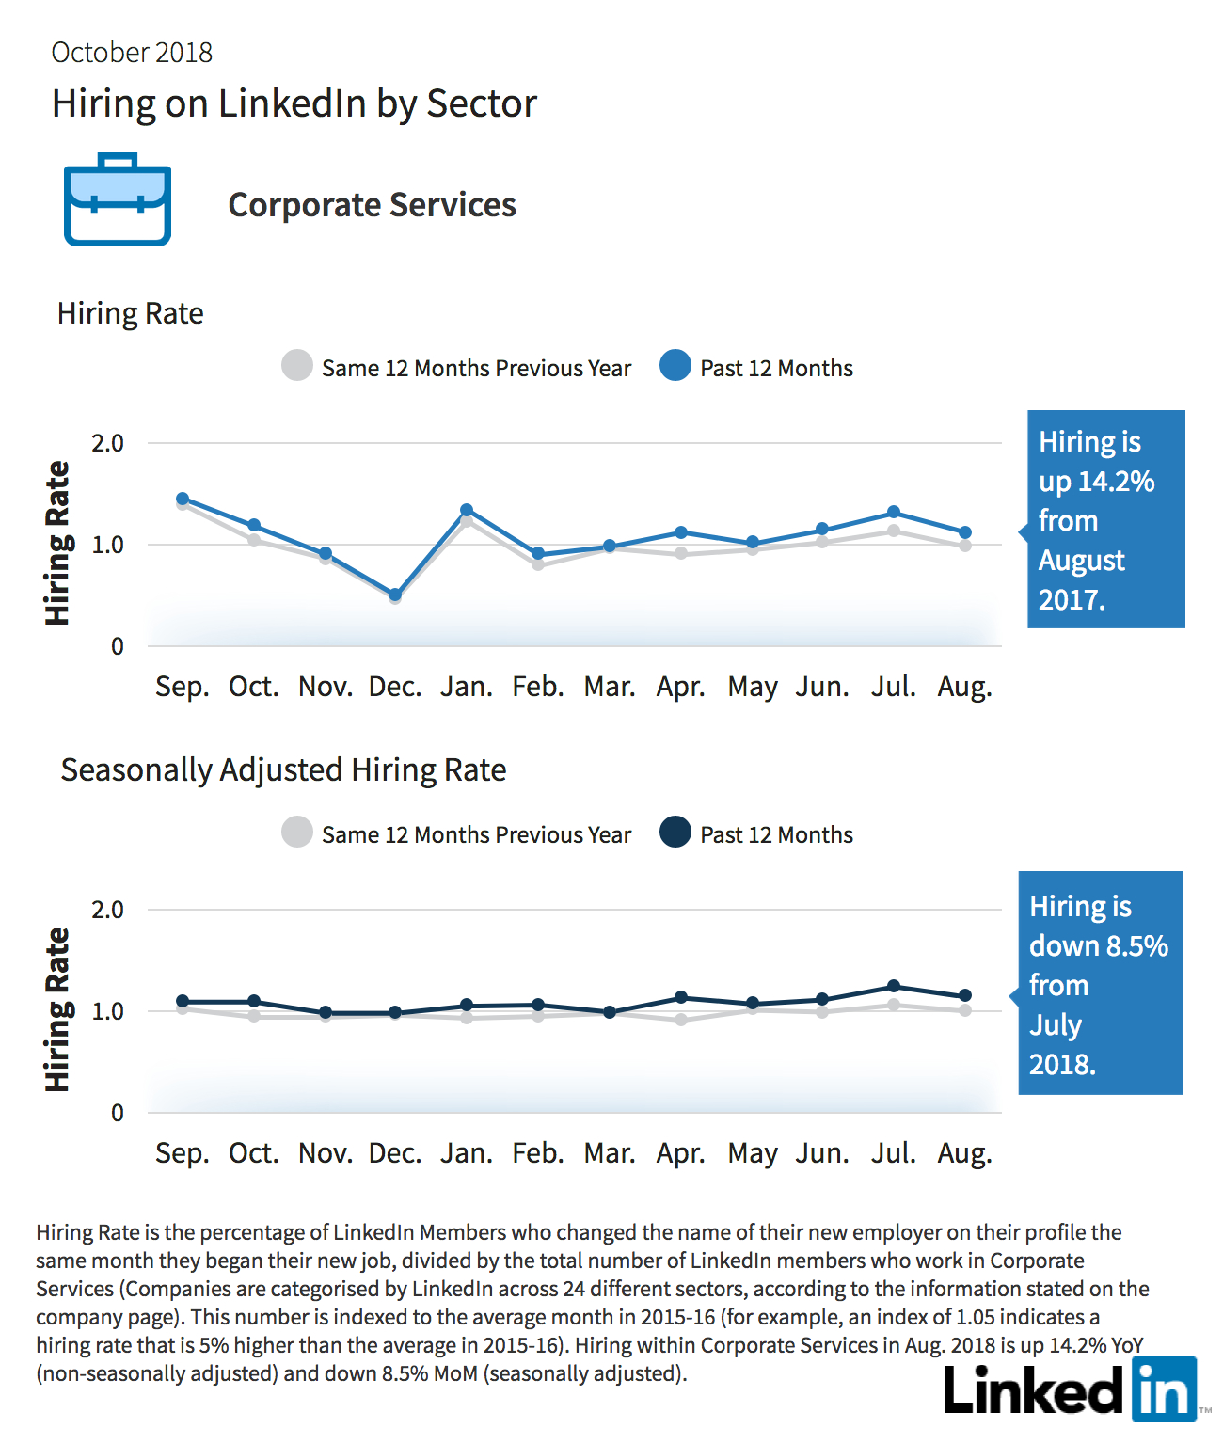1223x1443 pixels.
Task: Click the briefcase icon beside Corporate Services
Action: click(118, 199)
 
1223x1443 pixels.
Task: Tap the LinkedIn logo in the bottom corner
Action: click(1070, 1389)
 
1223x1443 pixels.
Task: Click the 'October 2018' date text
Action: click(131, 53)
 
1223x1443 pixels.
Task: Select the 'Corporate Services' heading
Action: click(372, 204)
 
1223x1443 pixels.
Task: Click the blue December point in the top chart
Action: click(395, 595)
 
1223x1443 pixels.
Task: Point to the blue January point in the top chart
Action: click(467, 511)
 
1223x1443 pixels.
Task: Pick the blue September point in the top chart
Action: click(183, 499)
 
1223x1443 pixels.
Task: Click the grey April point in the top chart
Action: click(681, 554)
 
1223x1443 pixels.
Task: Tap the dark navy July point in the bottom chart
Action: click(894, 986)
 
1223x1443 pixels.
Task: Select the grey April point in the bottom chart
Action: click(681, 1020)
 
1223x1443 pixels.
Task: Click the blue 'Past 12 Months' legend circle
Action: click(675, 365)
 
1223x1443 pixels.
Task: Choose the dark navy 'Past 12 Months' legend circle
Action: click(675, 832)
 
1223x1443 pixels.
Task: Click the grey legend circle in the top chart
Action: click(296, 365)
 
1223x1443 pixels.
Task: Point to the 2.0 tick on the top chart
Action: click(107, 443)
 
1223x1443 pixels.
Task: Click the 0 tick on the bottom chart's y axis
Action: click(118, 1113)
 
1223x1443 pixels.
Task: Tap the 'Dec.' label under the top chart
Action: click(395, 687)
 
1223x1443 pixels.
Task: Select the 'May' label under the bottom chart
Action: click(753, 1154)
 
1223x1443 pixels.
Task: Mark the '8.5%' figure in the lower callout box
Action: click(1137, 946)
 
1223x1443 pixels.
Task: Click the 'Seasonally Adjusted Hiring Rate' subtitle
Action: click(283, 770)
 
